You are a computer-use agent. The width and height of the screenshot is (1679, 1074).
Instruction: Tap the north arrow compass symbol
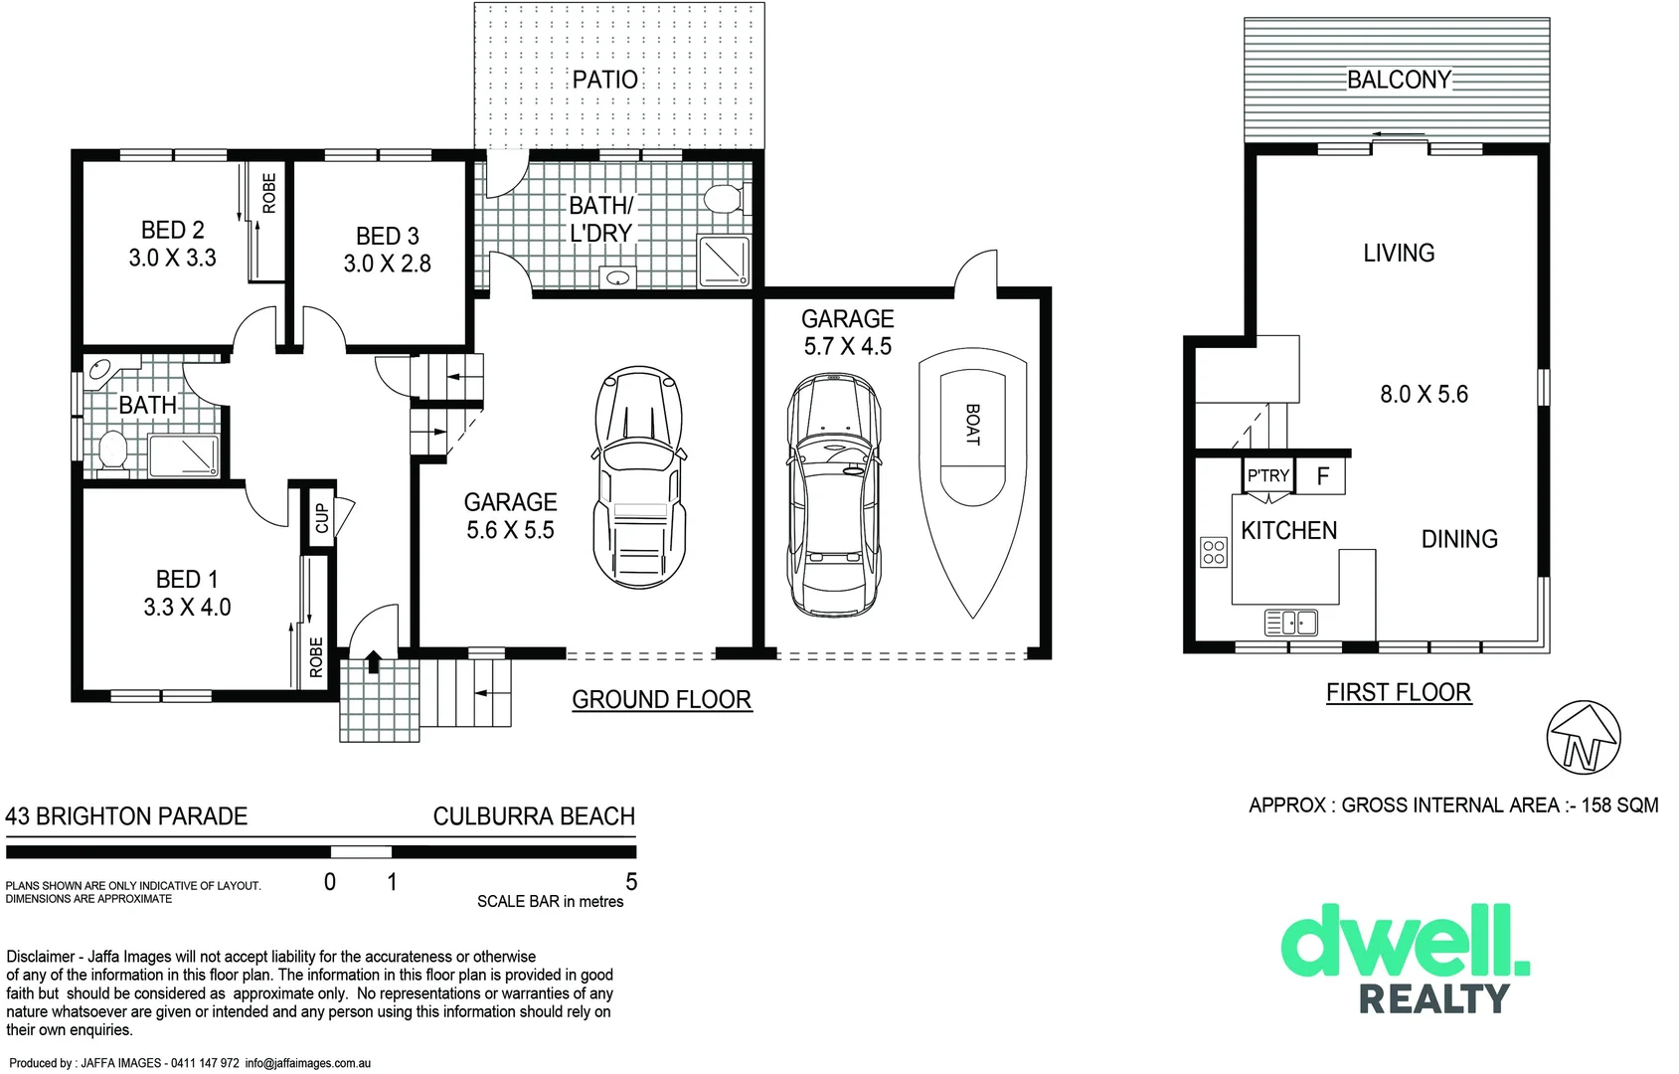tap(1584, 738)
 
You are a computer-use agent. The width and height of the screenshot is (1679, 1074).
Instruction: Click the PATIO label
tap(604, 80)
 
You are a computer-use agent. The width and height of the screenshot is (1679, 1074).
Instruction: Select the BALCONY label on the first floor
tap(1399, 80)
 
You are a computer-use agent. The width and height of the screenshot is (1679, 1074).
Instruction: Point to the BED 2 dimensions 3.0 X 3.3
tap(172, 259)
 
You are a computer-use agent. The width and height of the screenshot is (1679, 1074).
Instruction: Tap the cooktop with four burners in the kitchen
tap(1214, 552)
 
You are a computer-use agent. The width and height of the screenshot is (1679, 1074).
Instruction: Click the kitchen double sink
tap(1291, 624)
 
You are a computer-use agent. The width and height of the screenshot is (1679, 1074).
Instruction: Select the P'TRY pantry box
tap(1268, 476)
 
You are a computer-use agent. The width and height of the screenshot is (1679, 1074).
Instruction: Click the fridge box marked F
tap(1323, 476)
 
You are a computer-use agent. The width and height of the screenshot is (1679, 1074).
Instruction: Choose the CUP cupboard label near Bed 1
tap(321, 518)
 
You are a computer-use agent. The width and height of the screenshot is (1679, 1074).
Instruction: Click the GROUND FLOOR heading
tap(661, 700)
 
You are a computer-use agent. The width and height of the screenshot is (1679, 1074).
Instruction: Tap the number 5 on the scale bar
tap(631, 882)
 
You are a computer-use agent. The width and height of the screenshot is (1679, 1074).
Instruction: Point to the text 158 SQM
tap(1619, 805)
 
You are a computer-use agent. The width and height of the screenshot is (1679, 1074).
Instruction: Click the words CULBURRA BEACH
tap(534, 816)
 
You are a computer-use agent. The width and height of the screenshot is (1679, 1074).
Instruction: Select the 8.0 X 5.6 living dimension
tap(1424, 395)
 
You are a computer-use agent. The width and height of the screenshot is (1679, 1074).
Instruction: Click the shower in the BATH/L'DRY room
tap(724, 261)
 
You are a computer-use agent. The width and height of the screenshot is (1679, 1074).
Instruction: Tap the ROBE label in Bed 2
tap(269, 194)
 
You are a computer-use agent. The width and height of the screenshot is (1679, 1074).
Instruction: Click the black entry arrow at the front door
tap(374, 661)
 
